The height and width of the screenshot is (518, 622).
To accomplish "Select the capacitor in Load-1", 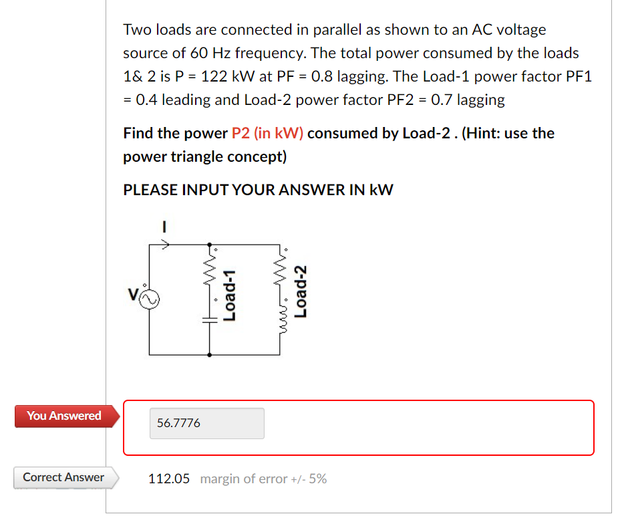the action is coord(210,320).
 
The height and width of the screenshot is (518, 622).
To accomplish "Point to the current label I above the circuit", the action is coord(163,227).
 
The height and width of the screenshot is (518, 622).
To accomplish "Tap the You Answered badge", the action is coord(64,416).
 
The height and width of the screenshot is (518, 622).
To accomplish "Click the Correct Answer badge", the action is coord(63,477).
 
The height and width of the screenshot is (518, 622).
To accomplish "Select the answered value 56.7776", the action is coord(178,423).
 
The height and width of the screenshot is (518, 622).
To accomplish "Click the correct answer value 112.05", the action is coord(169,479).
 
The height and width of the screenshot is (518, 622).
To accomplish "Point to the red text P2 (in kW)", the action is coord(267,133).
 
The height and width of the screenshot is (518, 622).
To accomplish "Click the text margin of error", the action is coord(243,479).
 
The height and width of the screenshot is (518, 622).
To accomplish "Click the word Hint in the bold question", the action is coord(481,133).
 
